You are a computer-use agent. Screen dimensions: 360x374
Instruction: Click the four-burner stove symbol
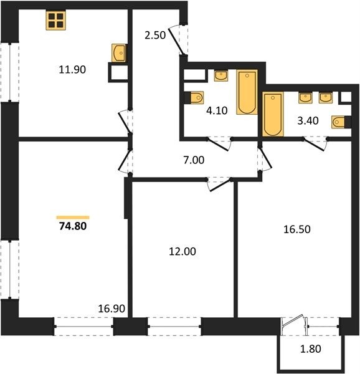click(x=56, y=21)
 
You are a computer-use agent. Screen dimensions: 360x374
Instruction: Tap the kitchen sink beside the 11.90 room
click(x=119, y=53)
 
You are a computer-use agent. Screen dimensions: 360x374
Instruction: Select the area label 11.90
click(x=72, y=70)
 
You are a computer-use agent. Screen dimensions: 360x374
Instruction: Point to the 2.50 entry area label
click(x=155, y=36)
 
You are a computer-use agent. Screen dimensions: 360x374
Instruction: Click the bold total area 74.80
click(x=73, y=226)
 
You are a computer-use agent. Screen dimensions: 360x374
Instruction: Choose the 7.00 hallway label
click(x=194, y=160)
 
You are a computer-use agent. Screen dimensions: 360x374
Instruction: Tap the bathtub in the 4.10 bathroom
click(x=247, y=92)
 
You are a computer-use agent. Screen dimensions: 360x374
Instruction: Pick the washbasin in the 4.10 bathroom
click(x=221, y=75)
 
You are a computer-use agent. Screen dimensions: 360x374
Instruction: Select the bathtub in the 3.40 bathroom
click(x=273, y=114)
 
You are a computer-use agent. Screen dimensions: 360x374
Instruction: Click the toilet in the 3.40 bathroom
click(x=340, y=122)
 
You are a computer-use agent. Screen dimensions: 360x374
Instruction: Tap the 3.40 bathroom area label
click(x=308, y=121)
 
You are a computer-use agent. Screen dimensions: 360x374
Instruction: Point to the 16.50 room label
click(x=297, y=229)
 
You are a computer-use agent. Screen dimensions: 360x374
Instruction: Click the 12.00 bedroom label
click(x=182, y=251)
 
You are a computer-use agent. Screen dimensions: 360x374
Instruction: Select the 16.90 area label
click(x=111, y=309)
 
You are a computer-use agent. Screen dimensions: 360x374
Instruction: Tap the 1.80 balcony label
click(x=310, y=349)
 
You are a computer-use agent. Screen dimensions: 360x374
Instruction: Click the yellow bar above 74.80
click(x=73, y=218)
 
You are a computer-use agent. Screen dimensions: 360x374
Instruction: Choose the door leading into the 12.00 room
click(x=219, y=185)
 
